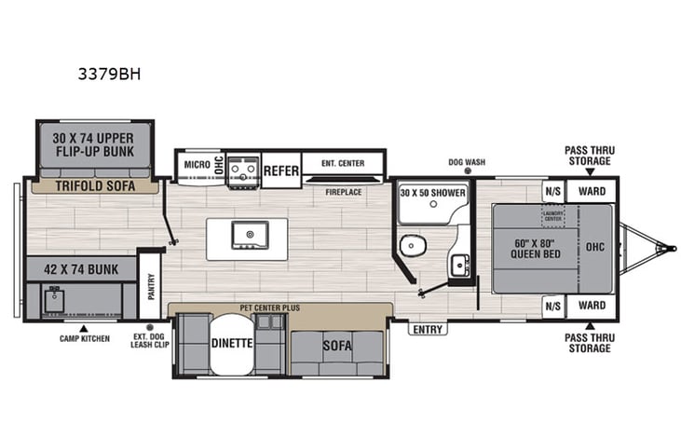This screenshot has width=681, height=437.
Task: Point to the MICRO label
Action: click(197, 165)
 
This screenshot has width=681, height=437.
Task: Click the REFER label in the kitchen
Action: click(280, 170)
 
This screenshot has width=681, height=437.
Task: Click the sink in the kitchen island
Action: click(250, 233)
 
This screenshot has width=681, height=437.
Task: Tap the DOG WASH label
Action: click(467, 161)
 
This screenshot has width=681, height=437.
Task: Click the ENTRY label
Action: click(428, 329)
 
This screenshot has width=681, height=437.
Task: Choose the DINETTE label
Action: click(232, 343)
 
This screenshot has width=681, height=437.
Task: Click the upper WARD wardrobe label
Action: click(591, 192)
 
